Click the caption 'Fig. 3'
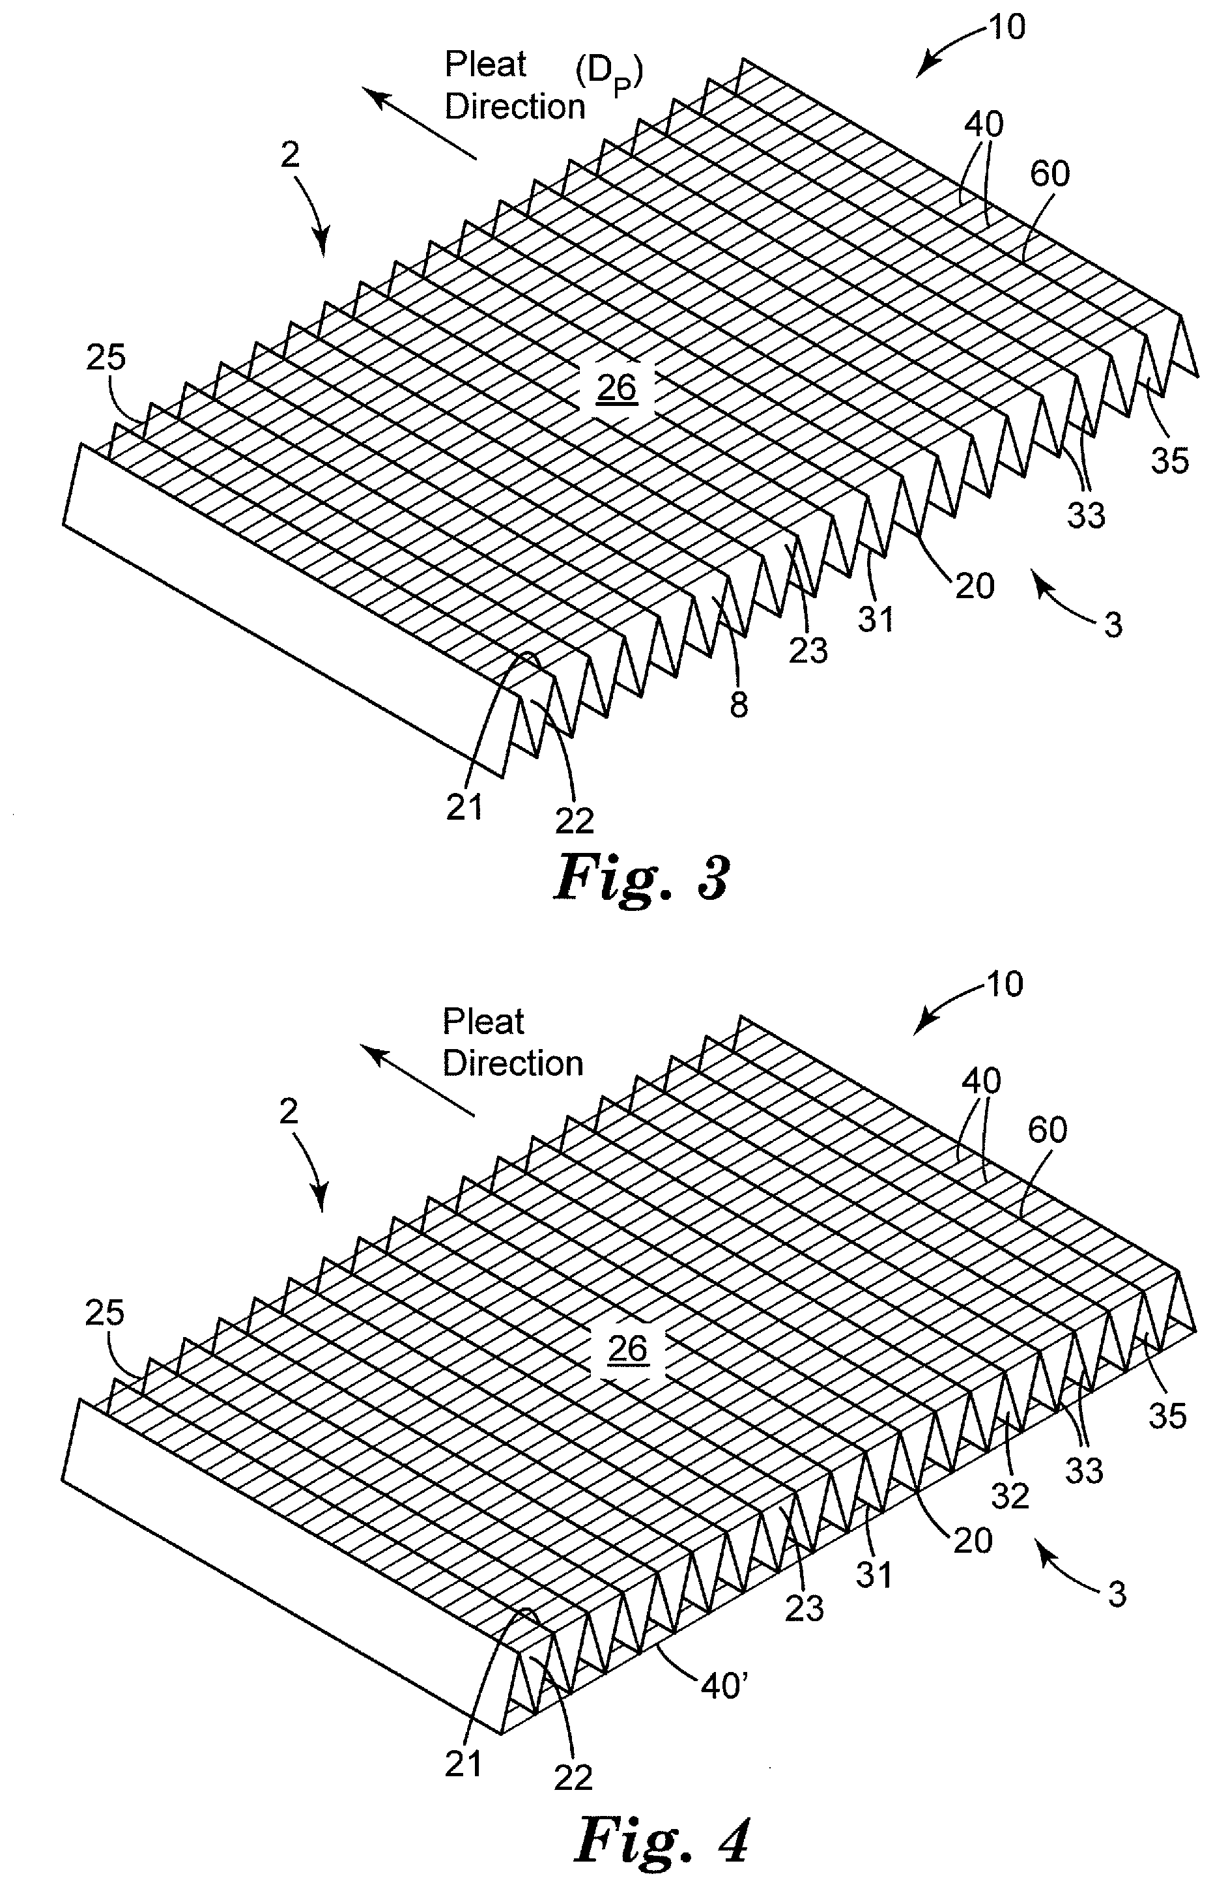click(x=642, y=878)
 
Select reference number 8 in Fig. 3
click(x=738, y=704)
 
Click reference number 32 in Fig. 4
click(x=1010, y=1495)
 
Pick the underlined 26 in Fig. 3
click(x=617, y=388)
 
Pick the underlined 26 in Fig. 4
click(x=628, y=1348)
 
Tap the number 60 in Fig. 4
click(x=1048, y=1131)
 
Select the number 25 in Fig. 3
click(x=106, y=358)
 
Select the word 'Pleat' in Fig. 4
click(x=483, y=1022)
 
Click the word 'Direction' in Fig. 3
click(x=515, y=106)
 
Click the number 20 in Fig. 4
click(x=973, y=1540)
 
